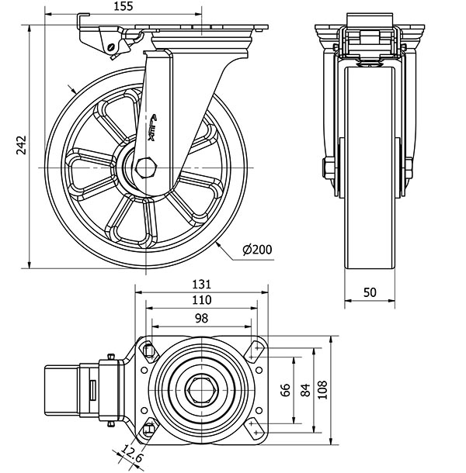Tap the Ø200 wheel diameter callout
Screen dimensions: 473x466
(256, 250)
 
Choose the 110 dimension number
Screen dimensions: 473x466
(201, 300)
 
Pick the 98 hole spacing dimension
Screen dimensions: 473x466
(201, 318)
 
